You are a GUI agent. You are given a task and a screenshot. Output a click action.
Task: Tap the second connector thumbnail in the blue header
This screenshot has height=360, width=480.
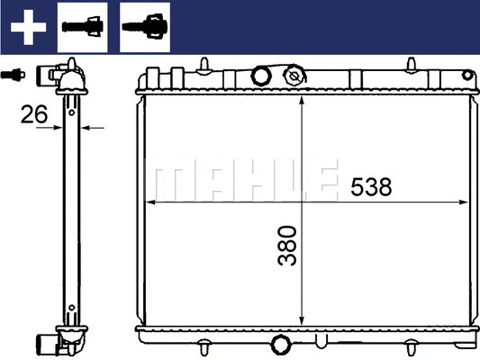point(145,26)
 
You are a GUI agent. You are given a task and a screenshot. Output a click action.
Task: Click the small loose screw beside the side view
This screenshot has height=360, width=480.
point(14,75)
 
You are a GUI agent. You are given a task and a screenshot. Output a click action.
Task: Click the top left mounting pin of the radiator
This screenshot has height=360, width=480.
point(204,64)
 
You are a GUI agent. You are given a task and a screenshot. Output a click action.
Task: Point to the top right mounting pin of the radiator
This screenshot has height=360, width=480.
point(411,64)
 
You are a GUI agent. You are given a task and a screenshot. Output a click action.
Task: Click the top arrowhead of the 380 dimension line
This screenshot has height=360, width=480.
point(301,97)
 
